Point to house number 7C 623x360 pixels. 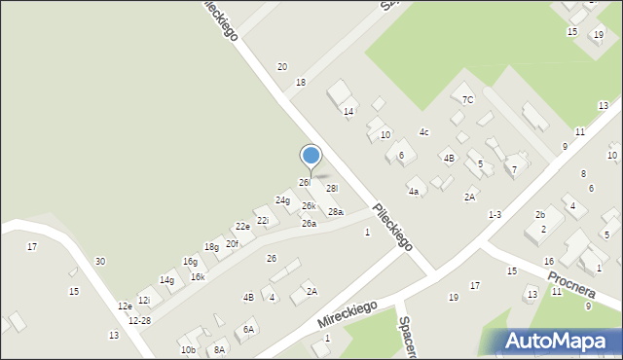(x=467, y=99)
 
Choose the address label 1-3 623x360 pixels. (x=495, y=215)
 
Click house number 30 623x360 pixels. (x=99, y=261)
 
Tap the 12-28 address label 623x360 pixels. (x=139, y=320)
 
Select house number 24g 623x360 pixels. (x=282, y=200)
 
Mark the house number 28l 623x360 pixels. (x=332, y=189)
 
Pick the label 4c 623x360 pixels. (x=423, y=132)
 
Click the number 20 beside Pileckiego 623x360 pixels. (x=282, y=66)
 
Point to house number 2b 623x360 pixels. (x=539, y=214)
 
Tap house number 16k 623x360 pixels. (x=198, y=277)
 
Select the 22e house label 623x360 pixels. (x=242, y=226)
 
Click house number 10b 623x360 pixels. (x=188, y=349)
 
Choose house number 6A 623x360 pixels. (x=249, y=330)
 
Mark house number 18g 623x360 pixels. (x=211, y=247)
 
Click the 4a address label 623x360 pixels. (x=414, y=192)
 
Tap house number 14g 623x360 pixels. (x=166, y=280)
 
